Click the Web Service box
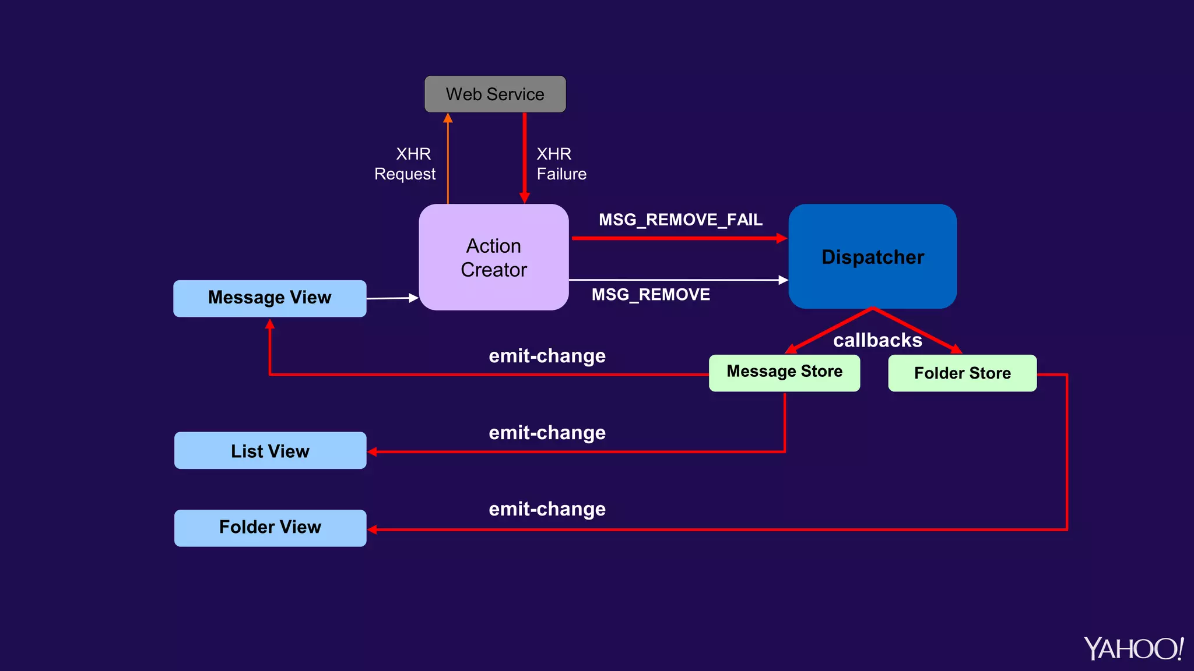495,94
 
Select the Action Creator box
493,257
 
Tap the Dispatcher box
872,256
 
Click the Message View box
269,298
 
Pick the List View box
270,450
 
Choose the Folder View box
270,528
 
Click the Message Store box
784,372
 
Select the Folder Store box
962,373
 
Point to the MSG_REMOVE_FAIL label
680,220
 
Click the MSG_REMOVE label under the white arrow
651,295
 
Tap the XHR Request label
406,164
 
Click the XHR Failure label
561,164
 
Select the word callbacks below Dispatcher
877,340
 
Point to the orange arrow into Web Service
448,157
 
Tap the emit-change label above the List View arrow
547,433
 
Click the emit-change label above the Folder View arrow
547,509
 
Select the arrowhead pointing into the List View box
373,451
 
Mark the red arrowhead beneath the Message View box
270,324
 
